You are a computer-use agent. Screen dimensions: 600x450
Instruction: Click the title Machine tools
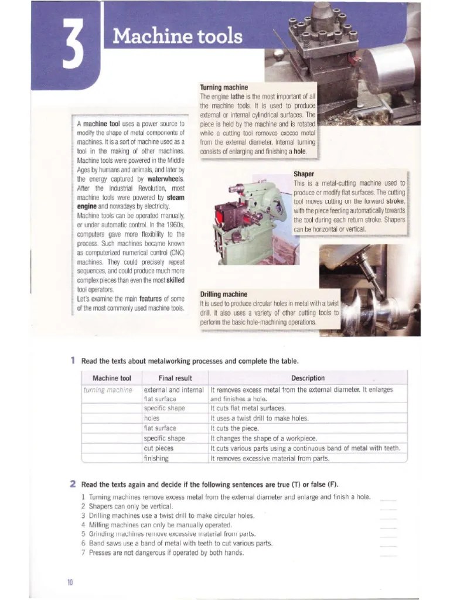click(178, 36)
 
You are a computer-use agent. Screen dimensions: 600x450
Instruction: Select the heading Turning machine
click(224, 87)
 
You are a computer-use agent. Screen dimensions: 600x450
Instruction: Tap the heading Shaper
click(304, 174)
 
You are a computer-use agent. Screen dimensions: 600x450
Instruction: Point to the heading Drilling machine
click(224, 294)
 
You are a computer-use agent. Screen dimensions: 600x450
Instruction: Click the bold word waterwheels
click(166, 179)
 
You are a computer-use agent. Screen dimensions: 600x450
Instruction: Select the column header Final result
click(175, 378)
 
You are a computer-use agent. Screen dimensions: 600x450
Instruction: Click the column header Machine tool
click(112, 378)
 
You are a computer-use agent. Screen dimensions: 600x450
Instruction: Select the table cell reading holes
click(151, 418)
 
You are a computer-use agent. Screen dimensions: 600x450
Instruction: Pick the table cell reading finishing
click(156, 458)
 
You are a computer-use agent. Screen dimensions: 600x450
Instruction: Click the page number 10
click(70, 581)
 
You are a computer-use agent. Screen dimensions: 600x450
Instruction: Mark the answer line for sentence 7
click(388, 553)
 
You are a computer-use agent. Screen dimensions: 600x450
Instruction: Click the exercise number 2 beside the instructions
click(73, 484)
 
